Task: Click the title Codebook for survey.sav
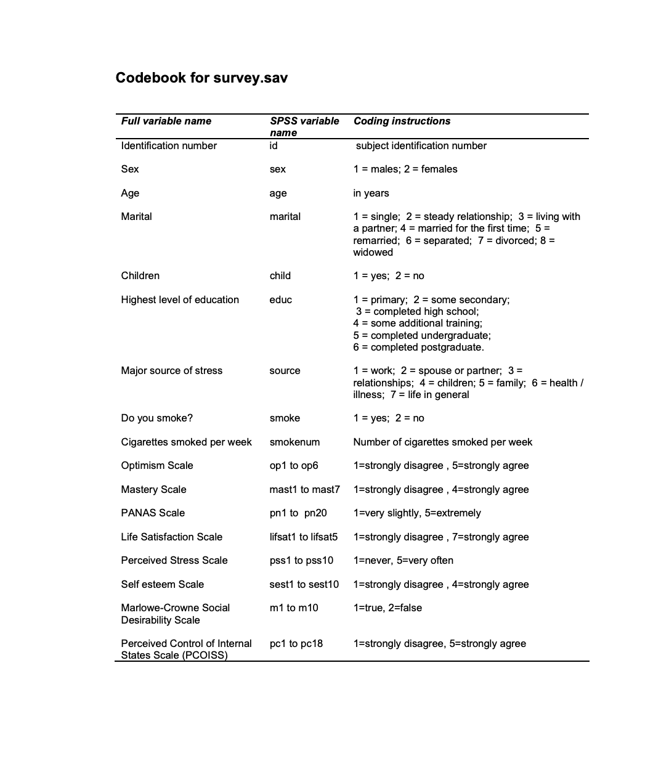201,78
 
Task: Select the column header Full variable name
166,121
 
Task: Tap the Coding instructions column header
402,121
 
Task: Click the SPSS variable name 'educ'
280,299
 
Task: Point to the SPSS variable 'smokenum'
294,442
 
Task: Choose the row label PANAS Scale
153,513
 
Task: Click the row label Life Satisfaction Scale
171,537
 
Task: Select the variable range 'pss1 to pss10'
301,560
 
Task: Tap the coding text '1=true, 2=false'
387,608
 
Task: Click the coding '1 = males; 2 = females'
405,169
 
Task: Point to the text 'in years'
371,193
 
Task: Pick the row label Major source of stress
171,370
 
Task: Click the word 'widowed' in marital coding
373,252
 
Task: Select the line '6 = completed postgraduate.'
418,347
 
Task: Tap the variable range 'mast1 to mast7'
304,489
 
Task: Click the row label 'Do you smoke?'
156,418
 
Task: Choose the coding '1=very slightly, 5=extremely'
416,513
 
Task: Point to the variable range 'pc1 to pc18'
296,643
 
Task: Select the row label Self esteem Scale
162,584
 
